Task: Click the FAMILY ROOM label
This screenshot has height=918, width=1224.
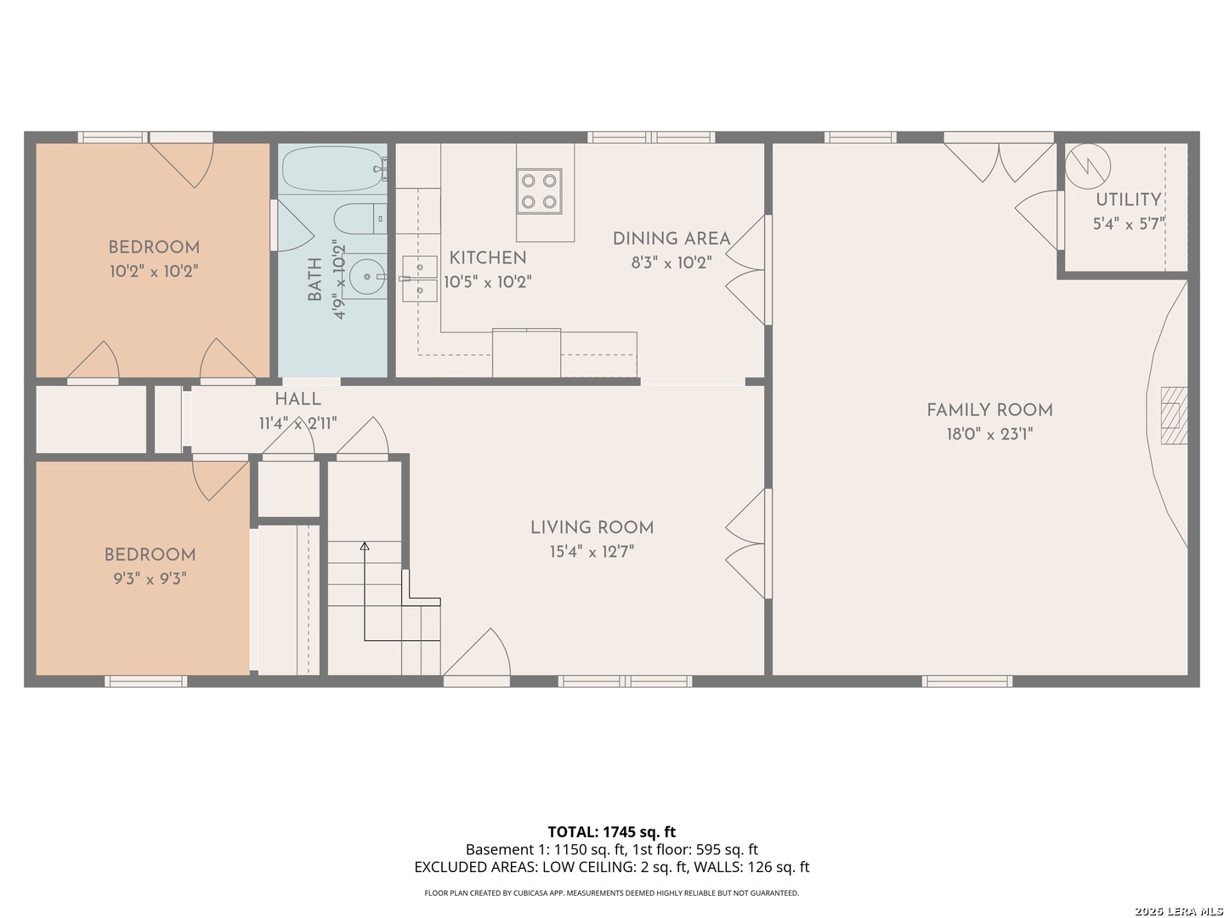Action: click(989, 411)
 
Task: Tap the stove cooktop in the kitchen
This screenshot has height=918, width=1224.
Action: click(539, 191)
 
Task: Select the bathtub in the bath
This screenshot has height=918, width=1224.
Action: click(333, 168)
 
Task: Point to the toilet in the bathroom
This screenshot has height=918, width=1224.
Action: click(360, 218)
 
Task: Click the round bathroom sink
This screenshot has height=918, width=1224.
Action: click(365, 276)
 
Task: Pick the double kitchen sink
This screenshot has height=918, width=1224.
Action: click(419, 279)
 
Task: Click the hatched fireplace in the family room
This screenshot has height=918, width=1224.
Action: click(1174, 416)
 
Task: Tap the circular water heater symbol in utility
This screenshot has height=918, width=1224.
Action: click(1087, 166)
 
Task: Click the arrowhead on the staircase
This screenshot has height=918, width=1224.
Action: click(364, 546)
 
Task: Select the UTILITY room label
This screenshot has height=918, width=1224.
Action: click(1128, 200)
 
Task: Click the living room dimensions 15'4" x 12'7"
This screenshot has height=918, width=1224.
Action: click(592, 552)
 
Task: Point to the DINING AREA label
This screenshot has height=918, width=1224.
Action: click(671, 239)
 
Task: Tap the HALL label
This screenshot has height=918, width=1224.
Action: click(297, 399)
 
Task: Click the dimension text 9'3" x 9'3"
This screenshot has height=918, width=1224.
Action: click(150, 579)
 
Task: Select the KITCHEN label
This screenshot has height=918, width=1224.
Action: click(487, 258)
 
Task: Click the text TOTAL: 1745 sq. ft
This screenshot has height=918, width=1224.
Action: click(611, 831)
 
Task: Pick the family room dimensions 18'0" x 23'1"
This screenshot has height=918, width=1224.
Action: click(989, 433)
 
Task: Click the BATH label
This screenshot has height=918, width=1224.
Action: click(314, 280)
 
